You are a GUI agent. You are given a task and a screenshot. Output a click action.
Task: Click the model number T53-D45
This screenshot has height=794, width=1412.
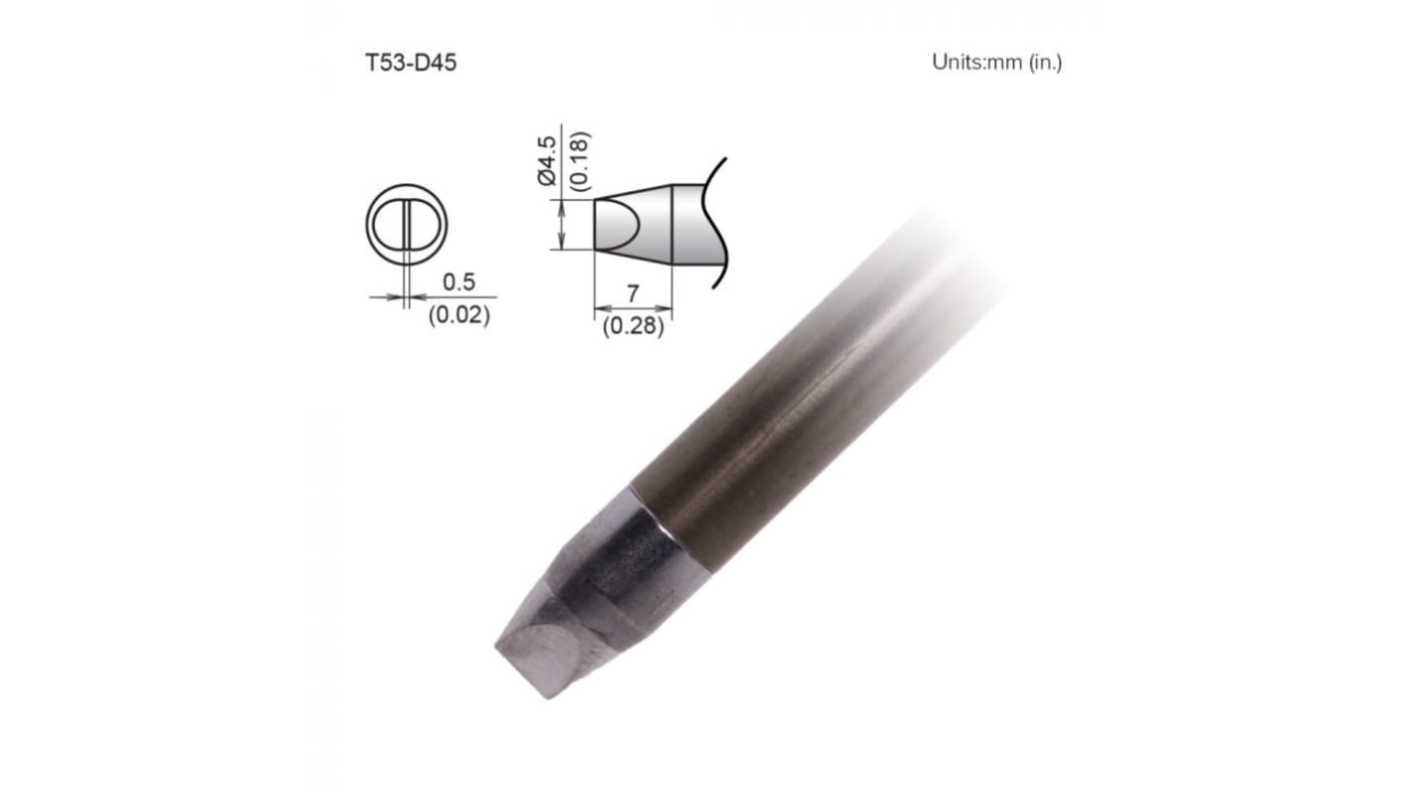[x=411, y=63]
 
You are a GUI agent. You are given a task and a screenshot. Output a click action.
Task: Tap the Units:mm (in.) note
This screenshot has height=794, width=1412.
[x=996, y=63]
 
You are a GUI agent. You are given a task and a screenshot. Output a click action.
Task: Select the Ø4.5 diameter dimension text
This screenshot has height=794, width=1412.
[x=547, y=161]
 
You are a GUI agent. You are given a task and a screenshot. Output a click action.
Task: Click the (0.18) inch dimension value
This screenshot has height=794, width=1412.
[x=579, y=161]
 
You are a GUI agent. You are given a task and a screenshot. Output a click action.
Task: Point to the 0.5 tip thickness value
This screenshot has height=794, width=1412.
[x=459, y=282]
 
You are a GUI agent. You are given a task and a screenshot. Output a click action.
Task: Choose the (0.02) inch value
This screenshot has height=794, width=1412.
[x=459, y=314]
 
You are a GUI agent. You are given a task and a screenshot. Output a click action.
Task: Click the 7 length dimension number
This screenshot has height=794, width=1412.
[x=632, y=294]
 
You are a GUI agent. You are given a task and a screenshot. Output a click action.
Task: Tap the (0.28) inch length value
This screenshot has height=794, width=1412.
[x=632, y=326]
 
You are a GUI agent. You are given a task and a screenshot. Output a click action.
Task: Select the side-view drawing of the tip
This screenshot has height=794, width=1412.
[x=658, y=224]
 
